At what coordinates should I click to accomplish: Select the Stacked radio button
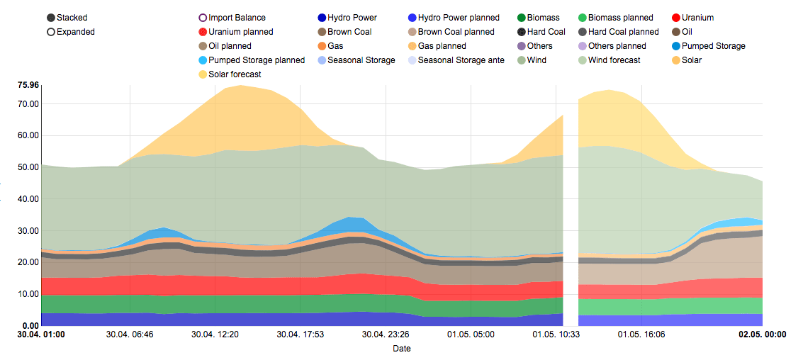pyautogui.click(x=51, y=18)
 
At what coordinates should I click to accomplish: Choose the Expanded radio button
pyautogui.click(x=51, y=32)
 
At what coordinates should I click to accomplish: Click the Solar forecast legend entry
pyautogui.click(x=235, y=74)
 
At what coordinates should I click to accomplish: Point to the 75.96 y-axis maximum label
pyautogui.click(x=29, y=86)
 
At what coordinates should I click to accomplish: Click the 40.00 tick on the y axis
pyautogui.click(x=29, y=199)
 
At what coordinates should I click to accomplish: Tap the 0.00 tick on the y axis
pyautogui.click(x=31, y=325)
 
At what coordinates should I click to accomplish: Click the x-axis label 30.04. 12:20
pyautogui.click(x=216, y=334)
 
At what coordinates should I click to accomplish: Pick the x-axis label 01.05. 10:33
pyautogui.click(x=557, y=334)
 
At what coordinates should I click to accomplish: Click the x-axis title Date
pyautogui.click(x=402, y=348)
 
